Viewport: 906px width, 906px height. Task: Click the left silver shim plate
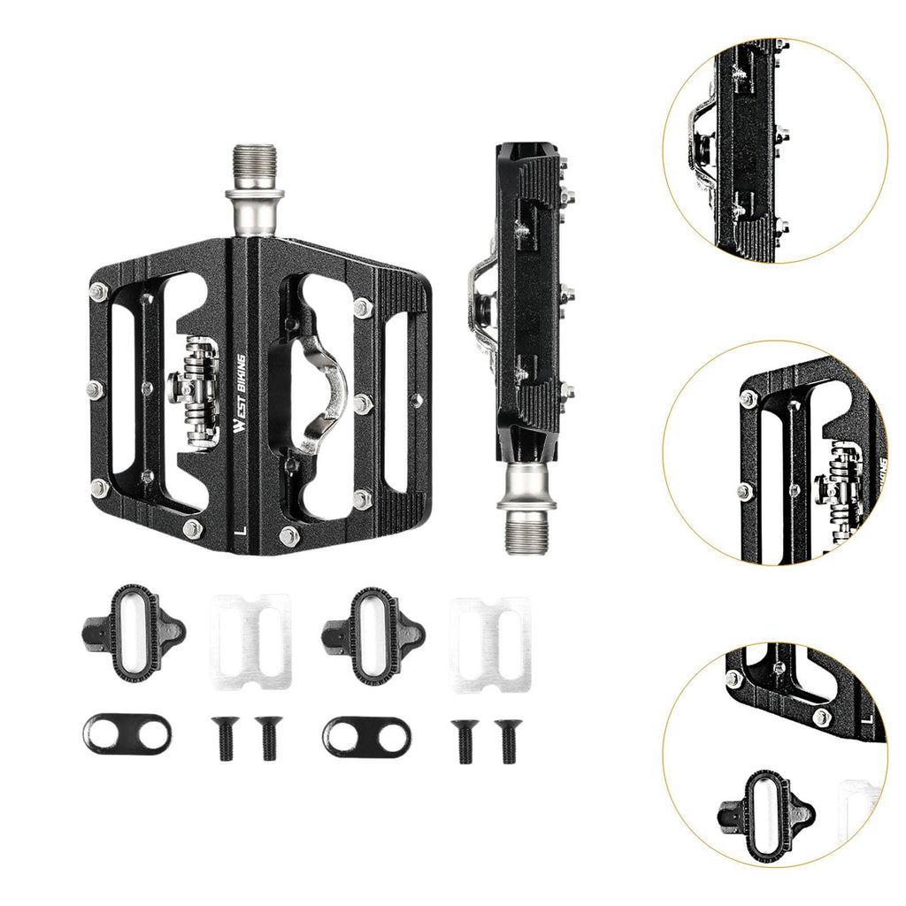click(250, 642)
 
